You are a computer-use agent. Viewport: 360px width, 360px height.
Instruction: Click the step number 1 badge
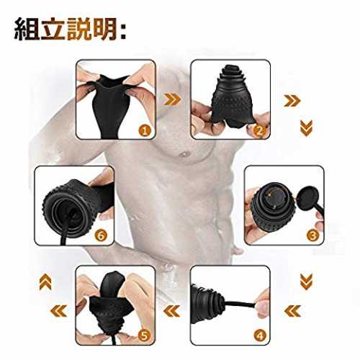[145, 131]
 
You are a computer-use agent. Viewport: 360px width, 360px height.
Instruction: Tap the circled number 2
[259, 131]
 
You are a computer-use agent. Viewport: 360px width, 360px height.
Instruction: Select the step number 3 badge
[312, 235]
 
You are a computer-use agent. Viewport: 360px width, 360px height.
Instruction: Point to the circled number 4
[260, 336]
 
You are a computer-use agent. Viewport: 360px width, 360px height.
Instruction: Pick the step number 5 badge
[144, 336]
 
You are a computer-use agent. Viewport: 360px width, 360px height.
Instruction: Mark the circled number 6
[101, 235]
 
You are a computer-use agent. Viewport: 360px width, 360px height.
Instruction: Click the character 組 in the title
[26, 30]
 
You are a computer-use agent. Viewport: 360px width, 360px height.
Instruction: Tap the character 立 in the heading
[53, 30]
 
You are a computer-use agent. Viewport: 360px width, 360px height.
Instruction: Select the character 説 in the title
[79, 30]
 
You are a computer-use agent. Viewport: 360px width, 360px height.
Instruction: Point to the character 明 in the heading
[106, 30]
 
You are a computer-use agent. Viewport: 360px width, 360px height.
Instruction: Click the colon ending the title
[123, 31]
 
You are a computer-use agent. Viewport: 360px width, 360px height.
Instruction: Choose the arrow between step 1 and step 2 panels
[172, 99]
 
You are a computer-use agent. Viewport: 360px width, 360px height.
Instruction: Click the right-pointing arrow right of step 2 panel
[292, 101]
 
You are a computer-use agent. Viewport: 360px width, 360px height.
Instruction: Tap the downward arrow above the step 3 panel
[306, 128]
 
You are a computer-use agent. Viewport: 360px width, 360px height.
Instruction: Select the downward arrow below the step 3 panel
[306, 282]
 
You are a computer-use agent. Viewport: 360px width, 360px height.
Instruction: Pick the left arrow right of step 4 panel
[292, 311]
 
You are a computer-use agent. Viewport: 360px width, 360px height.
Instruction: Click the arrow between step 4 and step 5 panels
[171, 311]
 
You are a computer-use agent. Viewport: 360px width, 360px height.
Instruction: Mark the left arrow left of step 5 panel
[59, 311]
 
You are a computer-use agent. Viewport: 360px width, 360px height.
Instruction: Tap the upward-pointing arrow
[45, 282]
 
